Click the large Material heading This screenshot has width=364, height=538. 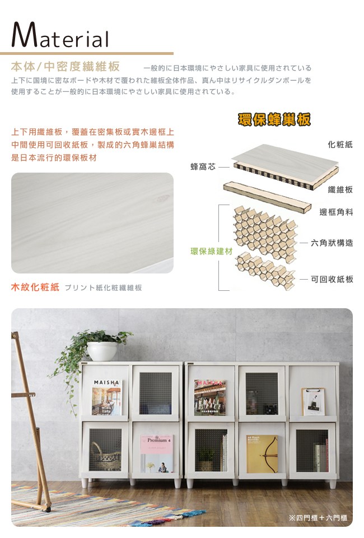60,35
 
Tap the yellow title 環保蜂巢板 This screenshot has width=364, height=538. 274,119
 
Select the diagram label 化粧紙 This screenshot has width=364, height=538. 340,145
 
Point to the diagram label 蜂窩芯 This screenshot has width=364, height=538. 203,167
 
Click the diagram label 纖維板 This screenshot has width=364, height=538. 340,189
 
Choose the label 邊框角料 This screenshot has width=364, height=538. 336,212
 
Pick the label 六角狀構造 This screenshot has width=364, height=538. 332,243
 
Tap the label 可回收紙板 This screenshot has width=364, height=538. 332,279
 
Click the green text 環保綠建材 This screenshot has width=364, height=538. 212,251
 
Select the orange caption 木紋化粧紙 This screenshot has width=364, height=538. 35,287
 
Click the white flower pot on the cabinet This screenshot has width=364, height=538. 102,351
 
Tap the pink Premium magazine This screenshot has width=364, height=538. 157,454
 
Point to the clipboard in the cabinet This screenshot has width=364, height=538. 313,401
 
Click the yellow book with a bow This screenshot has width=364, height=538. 262,454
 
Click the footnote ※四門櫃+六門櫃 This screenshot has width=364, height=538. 318,517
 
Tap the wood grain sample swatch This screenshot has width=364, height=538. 92,223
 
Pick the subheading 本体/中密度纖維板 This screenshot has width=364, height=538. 66,66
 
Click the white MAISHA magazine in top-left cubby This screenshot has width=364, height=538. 106,397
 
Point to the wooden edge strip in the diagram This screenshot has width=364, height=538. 267,197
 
